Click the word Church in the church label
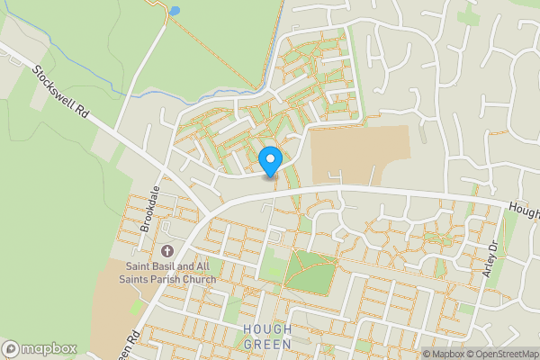199,280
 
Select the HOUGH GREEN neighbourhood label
267,337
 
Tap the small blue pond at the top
174,11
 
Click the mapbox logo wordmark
49,348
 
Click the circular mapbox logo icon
12,348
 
